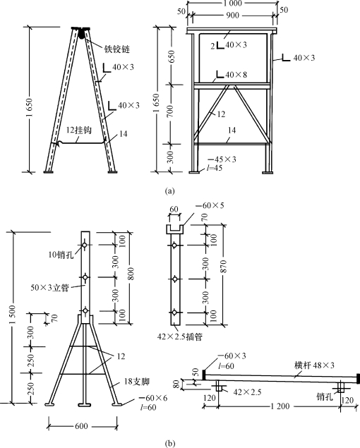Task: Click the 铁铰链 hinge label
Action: pos(116,49)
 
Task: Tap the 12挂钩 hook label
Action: pos(78,131)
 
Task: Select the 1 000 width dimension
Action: pos(232,4)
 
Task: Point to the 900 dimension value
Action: pos(232,15)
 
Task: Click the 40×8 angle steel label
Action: pos(236,75)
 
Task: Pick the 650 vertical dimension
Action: pos(171,57)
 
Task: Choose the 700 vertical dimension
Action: pos(170,111)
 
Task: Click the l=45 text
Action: pos(215,168)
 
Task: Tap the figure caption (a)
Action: pos(169,191)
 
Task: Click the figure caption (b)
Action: pos(169,444)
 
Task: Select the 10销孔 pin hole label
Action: pos(61,255)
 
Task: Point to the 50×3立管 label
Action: pos(49,288)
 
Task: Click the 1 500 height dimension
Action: pos(12,315)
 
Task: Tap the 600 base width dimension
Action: pos(81,427)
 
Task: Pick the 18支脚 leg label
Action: pos(137,382)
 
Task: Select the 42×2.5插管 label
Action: pos(179,337)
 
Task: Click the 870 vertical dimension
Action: pos(224,266)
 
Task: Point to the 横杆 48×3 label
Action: pos(314,365)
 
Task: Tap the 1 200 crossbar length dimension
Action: pos(280,406)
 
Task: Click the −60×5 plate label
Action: pos(210,205)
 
